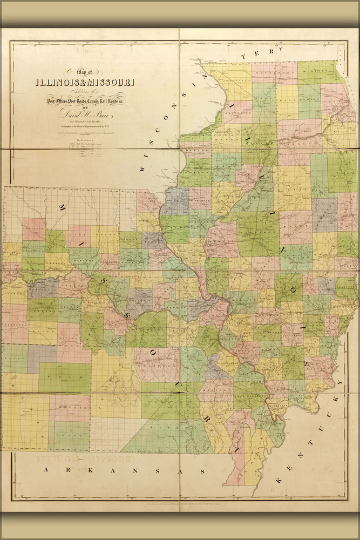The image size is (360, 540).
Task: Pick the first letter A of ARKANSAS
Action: click(x=47, y=470)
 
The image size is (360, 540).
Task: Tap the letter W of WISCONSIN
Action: click(x=142, y=168)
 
